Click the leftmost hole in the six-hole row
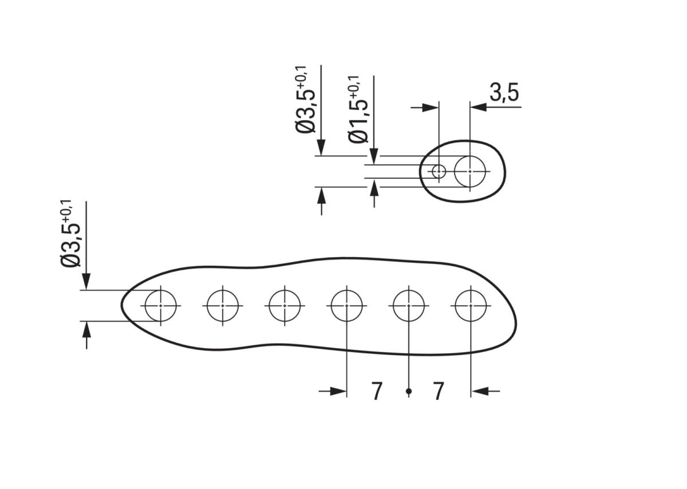click(x=160, y=306)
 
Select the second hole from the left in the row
click(x=223, y=306)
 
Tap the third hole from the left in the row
click(x=285, y=306)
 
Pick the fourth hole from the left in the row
click(x=347, y=306)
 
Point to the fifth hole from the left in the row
click(x=409, y=306)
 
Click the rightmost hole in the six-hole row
click(x=471, y=306)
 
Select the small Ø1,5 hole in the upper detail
click(x=439, y=171)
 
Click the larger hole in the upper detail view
click(x=470, y=171)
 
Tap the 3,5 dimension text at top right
click(x=505, y=93)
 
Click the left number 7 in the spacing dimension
click(x=377, y=392)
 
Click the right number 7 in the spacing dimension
click(x=439, y=392)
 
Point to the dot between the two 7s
click(x=409, y=392)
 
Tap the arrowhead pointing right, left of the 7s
click(x=340, y=392)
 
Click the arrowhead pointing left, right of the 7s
click(x=478, y=392)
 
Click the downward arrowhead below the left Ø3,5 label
click(x=86, y=282)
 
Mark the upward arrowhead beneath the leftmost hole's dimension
click(x=86, y=329)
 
